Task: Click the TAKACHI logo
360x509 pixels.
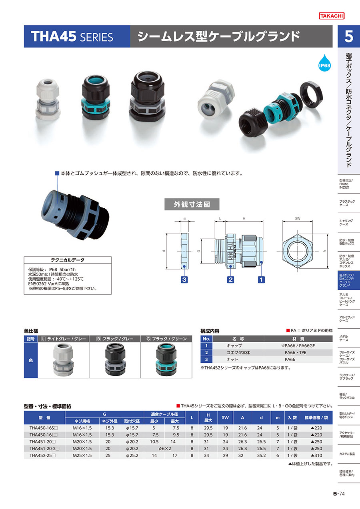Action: [x=332, y=16]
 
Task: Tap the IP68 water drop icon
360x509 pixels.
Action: [x=324, y=63]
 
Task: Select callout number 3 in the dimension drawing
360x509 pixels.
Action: [x=184, y=279]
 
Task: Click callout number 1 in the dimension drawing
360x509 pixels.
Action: [x=261, y=279]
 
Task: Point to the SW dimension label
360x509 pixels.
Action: [x=298, y=219]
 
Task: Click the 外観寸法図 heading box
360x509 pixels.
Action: [x=192, y=204]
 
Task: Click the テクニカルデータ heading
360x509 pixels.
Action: [x=68, y=260]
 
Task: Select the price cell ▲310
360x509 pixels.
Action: [x=316, y=455]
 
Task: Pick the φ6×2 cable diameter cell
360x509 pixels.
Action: [x=165, y=449]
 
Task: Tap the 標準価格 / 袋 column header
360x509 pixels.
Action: [x=316, y=417]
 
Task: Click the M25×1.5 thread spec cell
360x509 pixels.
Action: [x=82, y=455]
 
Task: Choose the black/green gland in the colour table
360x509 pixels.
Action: [x=166, y=359]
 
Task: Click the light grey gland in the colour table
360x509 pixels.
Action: [x=63, y=359]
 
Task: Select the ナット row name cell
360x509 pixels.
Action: [x=232, y=359]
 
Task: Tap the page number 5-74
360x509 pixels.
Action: [x=339, y=494]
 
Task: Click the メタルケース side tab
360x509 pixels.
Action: [x=344, y=338]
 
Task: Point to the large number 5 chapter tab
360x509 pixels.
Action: [x=349, y=36]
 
